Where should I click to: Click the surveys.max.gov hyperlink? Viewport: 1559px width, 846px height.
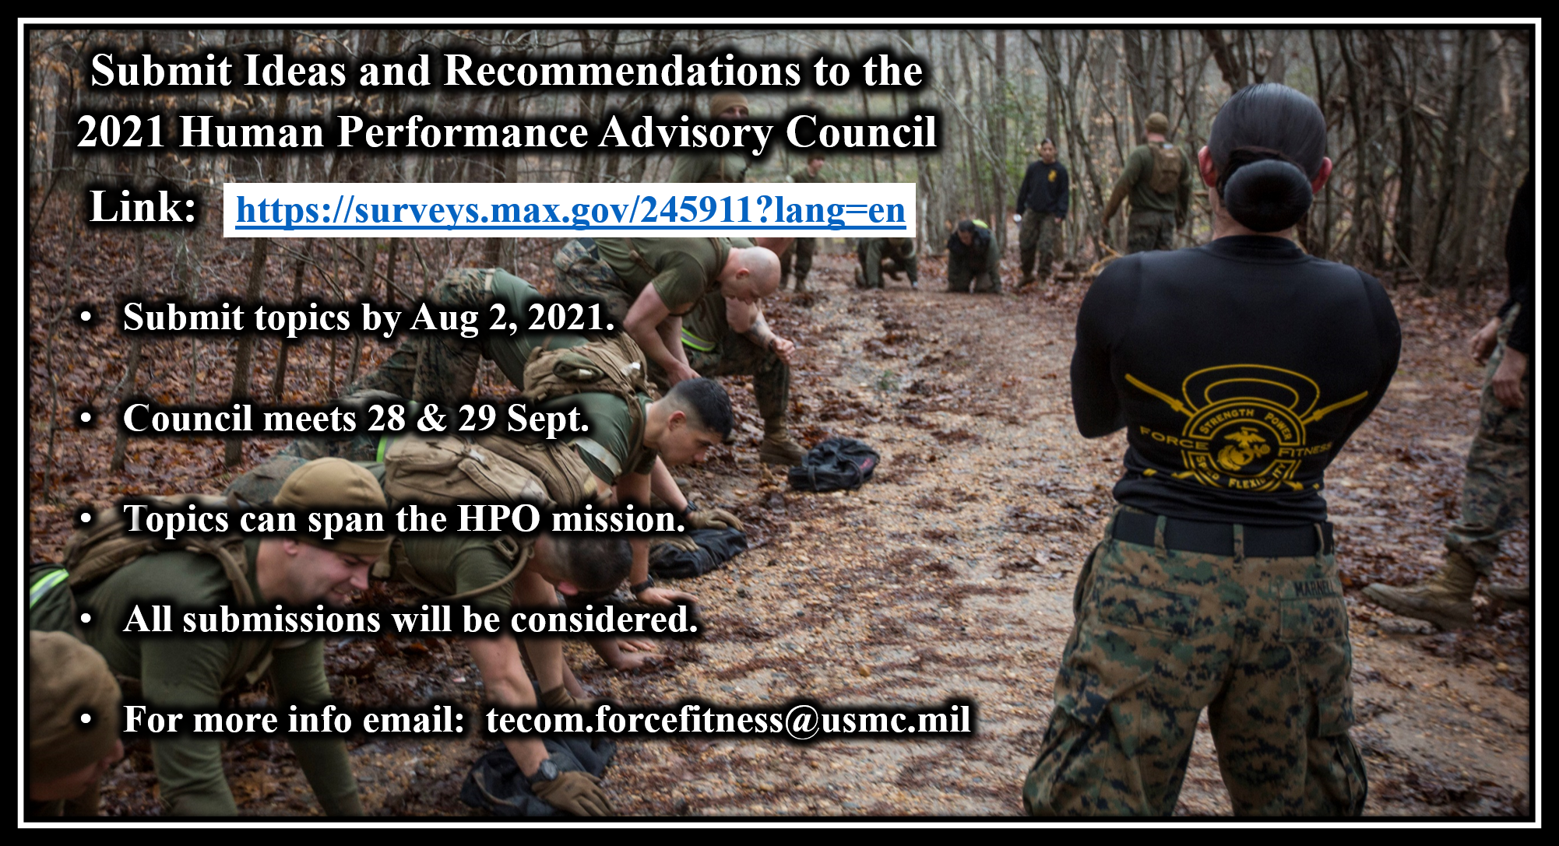coord(571,210)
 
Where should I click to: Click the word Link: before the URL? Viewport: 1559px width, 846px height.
coord(143,207)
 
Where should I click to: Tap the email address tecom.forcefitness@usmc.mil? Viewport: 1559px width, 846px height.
coord(728,719)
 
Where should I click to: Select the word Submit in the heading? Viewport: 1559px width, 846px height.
coord(161,71)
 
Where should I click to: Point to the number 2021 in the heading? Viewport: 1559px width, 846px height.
coord(121,132)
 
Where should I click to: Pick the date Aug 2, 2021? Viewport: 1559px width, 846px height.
coord(512,318)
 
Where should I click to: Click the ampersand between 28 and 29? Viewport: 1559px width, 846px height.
coord(431,419)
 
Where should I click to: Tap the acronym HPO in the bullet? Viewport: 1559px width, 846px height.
coord(498,519)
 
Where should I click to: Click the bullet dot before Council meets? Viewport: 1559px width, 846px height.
coord(86,419)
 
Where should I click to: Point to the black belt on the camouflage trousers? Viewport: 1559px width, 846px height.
coord(1221,533)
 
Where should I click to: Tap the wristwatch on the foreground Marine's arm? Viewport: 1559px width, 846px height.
coord(544,771)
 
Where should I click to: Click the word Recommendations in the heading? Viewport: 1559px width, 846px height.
coord(622,71)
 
